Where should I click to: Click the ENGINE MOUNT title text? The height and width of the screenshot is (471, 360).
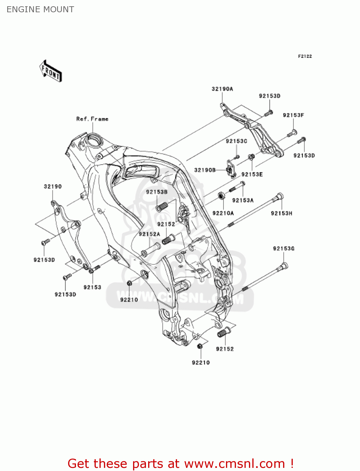[x=40, y=9]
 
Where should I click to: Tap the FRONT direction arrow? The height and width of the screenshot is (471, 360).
[x=51, y=71]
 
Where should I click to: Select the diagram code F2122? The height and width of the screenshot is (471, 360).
[x=305, y=56]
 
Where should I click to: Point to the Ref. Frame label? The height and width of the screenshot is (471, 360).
[x=92, y=119]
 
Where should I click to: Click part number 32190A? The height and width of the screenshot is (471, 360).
[x=222, y=89]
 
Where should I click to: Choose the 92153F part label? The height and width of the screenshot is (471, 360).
[x=293, y=115]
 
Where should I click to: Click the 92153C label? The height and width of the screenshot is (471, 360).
[x=236, y=141]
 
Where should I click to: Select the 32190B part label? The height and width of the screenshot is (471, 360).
[x=205, y=170]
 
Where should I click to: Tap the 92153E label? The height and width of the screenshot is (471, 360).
[x=252, y=175]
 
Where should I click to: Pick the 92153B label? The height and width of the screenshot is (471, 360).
[x=157, y=192]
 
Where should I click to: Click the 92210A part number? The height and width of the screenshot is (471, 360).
[x=223, y=213]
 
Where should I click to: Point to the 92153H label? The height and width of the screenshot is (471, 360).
[x=281, y=214]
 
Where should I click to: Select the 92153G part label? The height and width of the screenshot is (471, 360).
[x=284, y=249]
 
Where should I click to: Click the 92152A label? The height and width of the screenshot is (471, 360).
[x=149, y=234]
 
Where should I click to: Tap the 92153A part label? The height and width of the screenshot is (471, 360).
[x=243, y=200]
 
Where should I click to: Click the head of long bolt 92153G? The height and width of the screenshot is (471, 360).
[x=284, y=266]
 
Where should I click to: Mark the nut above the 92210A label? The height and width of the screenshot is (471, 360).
[x=222, y=196]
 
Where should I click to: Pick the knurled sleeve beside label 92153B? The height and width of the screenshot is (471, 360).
[x=162, y=207]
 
